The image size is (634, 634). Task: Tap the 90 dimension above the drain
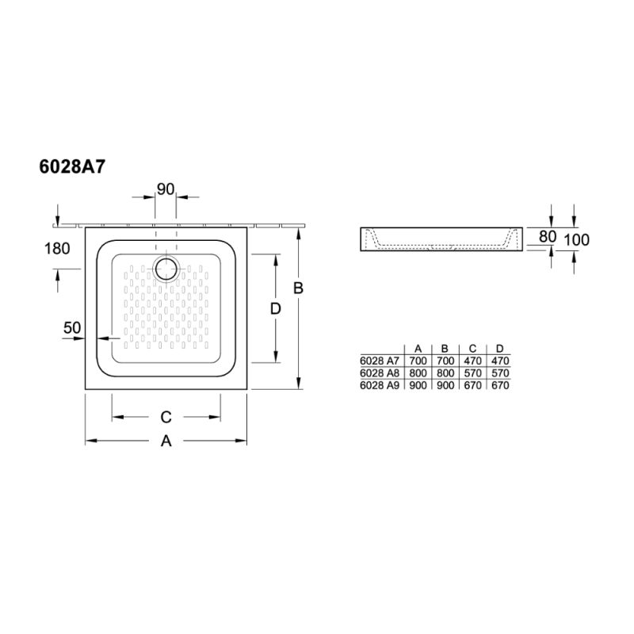coord(165,189)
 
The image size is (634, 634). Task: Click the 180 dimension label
coord(57,248)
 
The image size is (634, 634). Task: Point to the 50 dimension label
coord(73,327)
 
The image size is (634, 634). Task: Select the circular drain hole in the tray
coord(167,269)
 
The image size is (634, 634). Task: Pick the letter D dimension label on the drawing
coord(275,309)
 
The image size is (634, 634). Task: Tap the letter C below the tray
coord(166,417)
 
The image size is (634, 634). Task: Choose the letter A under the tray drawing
coord(166,441)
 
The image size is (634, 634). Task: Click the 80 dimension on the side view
coord(547,236)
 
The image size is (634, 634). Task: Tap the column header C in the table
coord(472,349)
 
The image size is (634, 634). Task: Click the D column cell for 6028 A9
coord(499,385)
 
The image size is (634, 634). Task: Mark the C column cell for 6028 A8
coord(472,372)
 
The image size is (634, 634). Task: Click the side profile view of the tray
coord(442,239)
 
